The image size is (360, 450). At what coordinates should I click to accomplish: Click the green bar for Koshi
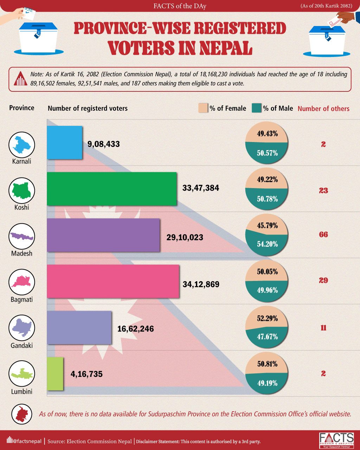[111, 188]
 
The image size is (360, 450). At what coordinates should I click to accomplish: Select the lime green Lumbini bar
[55, 373]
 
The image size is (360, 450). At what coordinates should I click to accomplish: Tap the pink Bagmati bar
[113, 281]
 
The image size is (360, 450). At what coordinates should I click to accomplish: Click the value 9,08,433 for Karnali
[103, 144]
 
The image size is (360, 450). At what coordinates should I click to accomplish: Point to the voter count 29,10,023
[185, 237]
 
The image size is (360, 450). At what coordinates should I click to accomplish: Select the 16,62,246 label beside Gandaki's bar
[135, 329]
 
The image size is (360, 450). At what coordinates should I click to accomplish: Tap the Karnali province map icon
[22, 144]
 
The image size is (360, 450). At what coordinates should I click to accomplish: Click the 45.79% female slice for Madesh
[267, 225]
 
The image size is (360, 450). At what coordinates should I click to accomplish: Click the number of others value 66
[323, 234]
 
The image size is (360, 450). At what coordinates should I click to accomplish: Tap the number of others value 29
[323, 281]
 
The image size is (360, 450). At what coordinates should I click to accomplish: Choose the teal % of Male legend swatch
[257, 108]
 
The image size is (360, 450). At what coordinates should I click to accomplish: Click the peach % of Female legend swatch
[204, 108]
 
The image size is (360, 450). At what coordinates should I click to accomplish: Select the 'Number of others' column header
[323, 109]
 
